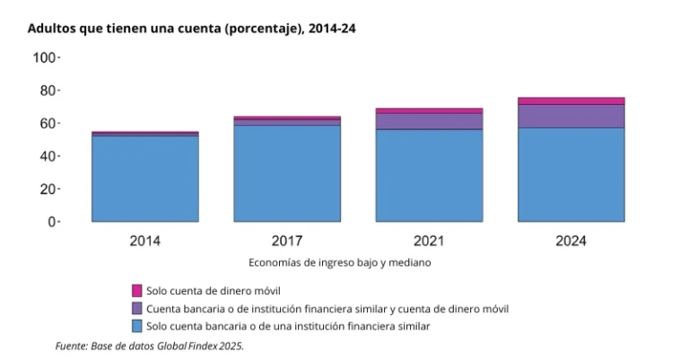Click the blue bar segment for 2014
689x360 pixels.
click(145, 179)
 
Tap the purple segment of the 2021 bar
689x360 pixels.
click(429, 121)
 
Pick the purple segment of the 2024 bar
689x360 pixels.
click(571, 116)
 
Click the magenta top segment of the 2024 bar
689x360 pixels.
click(571, 101)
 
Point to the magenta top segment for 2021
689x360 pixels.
click(429, 110)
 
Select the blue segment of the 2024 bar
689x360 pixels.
click(571, 174)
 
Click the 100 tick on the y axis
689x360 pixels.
click(44, 57)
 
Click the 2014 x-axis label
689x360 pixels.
click(145, 241)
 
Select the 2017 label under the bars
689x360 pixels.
click(287, 241)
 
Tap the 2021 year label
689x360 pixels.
click(429, 241)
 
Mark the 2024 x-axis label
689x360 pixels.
click(571, 241)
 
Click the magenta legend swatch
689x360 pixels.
click(136, 290)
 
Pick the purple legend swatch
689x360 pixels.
click(136, 308)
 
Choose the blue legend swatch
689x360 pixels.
click(136, 326)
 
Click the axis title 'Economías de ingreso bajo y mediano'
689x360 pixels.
click(339, 263)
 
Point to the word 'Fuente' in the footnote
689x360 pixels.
click(71, 346)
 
